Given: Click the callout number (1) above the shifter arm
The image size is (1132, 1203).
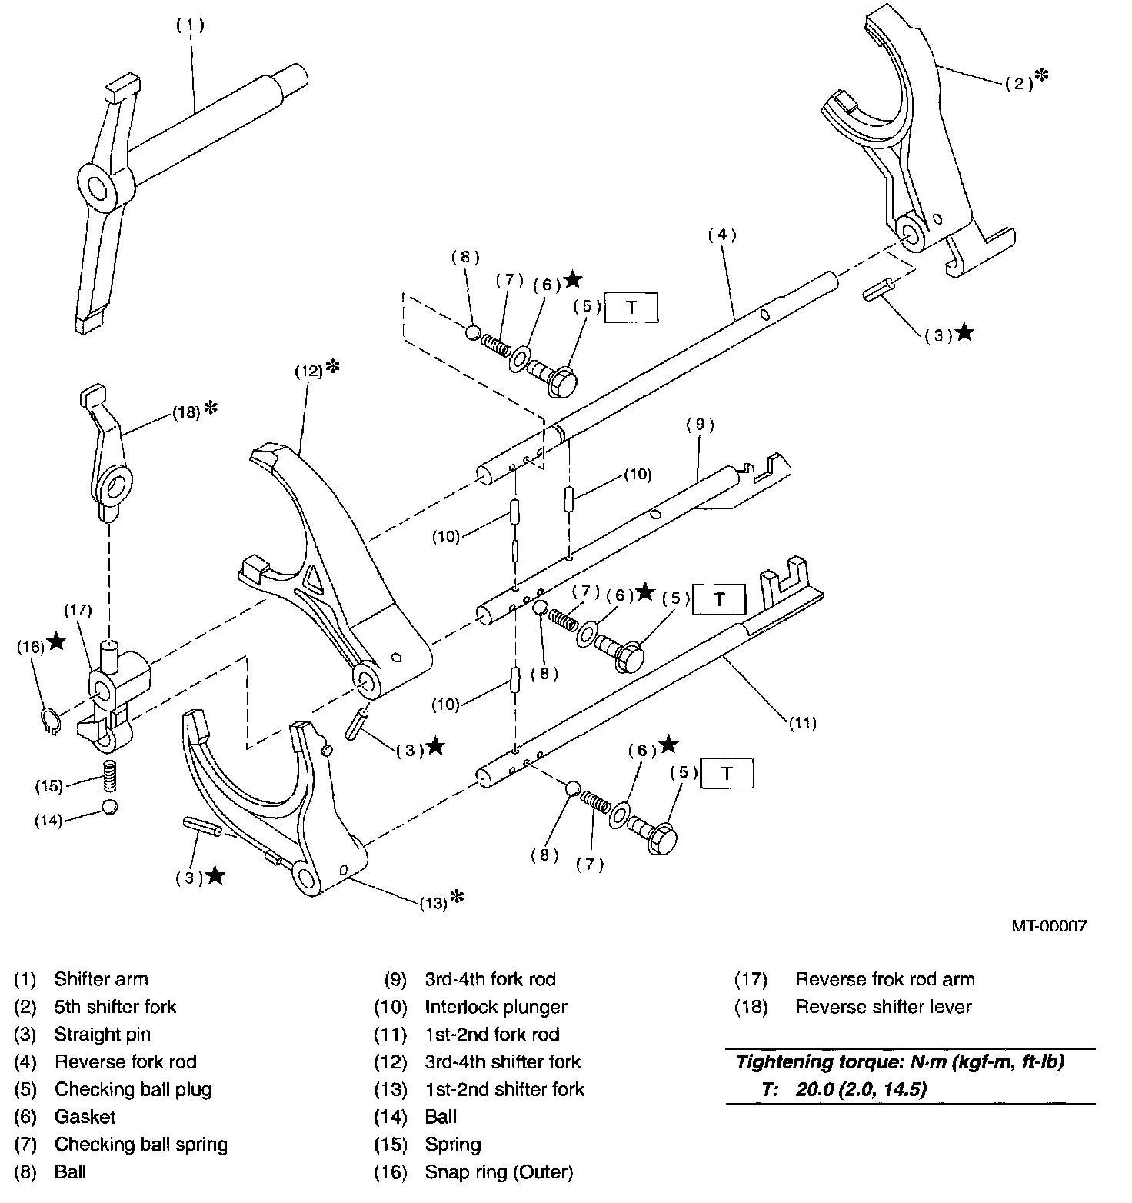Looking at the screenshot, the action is coord(190,25).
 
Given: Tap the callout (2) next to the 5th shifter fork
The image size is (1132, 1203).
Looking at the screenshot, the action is coord(1020,84).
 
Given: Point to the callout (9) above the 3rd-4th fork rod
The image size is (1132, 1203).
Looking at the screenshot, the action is coord(701,424).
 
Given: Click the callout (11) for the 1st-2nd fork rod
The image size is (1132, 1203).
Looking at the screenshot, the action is coord(802,722).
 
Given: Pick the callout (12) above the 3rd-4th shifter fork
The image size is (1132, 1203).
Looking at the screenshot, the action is coord(309,371).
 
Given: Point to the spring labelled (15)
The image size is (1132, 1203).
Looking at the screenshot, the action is coord(112,774).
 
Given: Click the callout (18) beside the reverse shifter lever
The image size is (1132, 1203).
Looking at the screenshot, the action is coord(185,412).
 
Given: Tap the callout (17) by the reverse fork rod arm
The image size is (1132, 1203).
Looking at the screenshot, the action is coord(78,611).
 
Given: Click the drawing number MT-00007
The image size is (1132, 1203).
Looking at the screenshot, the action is coord(1049,926).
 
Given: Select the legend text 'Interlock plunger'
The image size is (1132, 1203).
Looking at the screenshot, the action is coord(496,1007).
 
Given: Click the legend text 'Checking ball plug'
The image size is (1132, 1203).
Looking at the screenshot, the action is coord(133,1089).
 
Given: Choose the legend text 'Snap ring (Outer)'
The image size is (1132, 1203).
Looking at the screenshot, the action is coord(499,1172).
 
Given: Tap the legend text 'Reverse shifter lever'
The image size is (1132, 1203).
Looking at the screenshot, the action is coord(884,1007).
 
